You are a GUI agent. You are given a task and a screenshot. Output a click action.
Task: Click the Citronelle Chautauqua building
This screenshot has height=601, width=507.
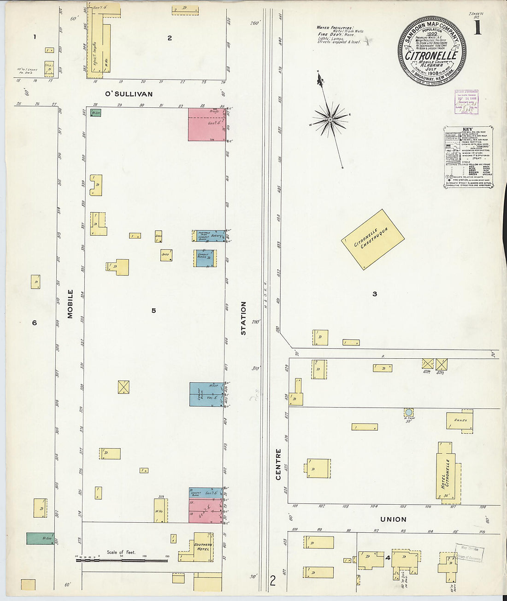[x=372, y=239]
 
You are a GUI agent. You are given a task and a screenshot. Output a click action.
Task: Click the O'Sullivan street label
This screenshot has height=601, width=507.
[x=129, y=94]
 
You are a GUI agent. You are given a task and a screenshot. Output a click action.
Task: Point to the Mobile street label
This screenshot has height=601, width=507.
[x=71, y=304]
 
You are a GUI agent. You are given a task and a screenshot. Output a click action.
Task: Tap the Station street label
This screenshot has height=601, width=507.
[x=243, y=318]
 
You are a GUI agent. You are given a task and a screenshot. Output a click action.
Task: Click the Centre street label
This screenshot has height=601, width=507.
[x=278, y=464]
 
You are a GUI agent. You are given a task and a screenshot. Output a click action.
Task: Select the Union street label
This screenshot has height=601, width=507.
[x=393, y=519]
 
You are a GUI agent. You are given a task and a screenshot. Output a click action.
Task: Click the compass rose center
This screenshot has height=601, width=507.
[x=330, y=120]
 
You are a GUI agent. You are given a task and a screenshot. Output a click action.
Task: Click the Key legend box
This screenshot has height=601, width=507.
[x=469, y=157]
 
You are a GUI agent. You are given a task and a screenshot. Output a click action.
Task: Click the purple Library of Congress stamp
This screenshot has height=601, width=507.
[x=466, y=101]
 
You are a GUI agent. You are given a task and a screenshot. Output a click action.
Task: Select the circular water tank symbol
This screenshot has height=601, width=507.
[x=408, y=412]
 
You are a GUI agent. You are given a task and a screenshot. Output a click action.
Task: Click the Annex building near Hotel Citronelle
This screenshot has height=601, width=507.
[x=460, y=420]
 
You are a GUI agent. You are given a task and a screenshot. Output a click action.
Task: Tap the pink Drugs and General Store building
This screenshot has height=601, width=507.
[x=207, y=124]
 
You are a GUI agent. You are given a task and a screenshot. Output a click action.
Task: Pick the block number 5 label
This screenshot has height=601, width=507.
[x=153, y=311]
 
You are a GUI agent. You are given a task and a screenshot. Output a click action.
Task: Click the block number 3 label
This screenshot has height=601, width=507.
[x=375, y=294]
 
